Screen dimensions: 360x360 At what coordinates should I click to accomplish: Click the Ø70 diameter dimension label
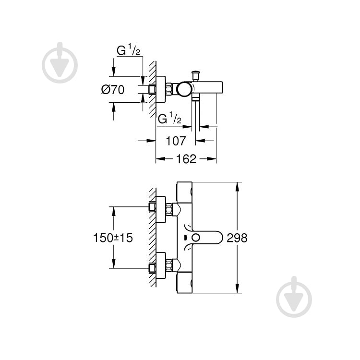[113, 90]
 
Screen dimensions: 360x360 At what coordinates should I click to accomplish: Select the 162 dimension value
[186, 159]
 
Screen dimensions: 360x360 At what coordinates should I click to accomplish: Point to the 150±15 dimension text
[113, 238]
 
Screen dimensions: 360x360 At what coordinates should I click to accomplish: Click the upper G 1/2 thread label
[128, 50]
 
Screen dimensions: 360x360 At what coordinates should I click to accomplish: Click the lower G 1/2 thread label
[169, 118]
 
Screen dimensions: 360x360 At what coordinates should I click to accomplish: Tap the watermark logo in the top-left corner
[60, 62]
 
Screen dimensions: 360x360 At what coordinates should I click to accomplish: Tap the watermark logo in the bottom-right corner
[294, 297]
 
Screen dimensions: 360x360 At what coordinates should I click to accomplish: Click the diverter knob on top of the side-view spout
[195, 75]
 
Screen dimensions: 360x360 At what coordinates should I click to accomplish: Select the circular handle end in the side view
[183, 89]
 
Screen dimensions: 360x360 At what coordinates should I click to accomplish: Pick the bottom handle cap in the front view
[185, 284]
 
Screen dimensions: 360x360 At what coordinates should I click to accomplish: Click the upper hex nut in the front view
[169, 208]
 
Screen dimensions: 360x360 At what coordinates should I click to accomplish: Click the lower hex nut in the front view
[169, 265]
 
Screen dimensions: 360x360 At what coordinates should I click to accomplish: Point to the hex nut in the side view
[169, 90]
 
